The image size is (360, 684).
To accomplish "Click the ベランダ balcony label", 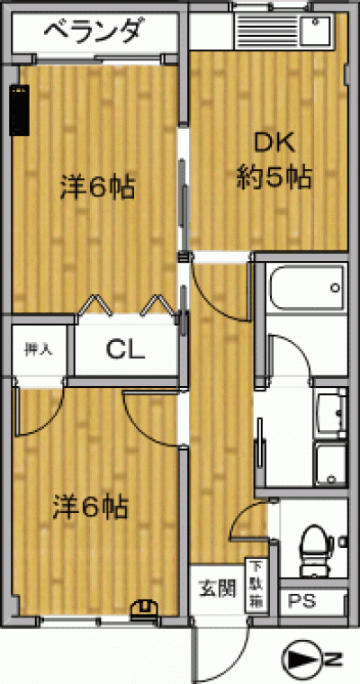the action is pyautogui.click(x=94, y=31).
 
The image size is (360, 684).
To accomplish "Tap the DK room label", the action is pyautogui.click(x=274, y=143).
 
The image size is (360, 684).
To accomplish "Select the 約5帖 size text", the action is pyautogui.click(x=274, y=177).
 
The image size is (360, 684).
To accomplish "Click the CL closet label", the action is pyautogui.click(x=126, y=349).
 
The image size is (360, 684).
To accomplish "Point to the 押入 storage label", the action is pyautogui.click(x=39, y=349).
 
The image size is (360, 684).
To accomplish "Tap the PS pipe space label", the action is pyautogui.click(x=302, y=602).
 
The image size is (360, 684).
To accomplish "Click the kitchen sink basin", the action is pyautogui.click(x=314, y=30).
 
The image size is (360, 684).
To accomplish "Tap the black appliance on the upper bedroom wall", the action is pyautogui.click(x=20, y=110).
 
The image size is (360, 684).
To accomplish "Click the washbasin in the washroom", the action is pyautogui.click(x=332, y=413).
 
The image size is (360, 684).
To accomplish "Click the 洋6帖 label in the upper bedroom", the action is pyautogui.click(x=97, y=188).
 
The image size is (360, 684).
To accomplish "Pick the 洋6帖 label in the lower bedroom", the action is pyautogui.click(x=90, y=508).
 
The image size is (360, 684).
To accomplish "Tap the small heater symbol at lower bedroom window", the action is pyautogui.click(x=144, y=607).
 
